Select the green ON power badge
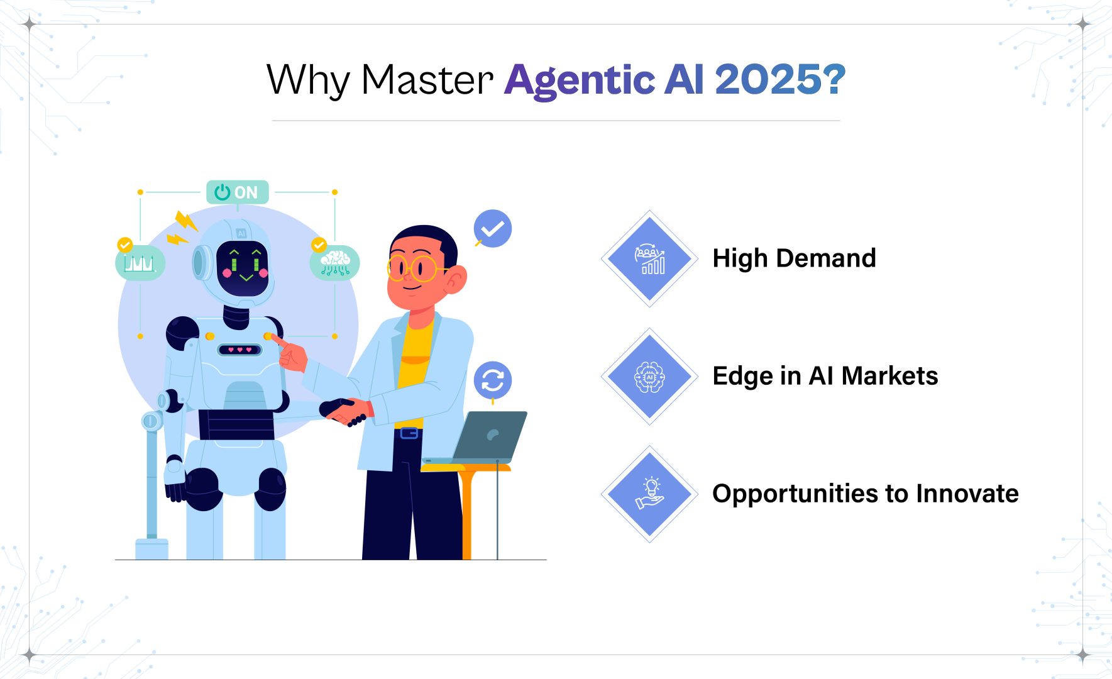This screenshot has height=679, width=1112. [x=238, y=192]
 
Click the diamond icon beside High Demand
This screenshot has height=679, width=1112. [x=649, y=258]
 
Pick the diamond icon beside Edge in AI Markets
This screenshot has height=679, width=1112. [x=649, y=376]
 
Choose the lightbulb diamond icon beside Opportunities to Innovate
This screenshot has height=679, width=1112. [x=649, y=494]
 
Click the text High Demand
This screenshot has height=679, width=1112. [x=794, y=258]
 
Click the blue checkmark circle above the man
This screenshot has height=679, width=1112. [x=493, y=228]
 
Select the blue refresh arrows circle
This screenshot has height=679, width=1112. [x=493, y=380]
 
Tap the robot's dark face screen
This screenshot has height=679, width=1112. [x=243, y=268]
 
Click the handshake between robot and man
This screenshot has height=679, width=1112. [x=344, y=412]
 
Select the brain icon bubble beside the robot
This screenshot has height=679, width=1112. [x=335, y=263]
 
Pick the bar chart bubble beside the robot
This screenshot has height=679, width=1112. [x=140, y=263]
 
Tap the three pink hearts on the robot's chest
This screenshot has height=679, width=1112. [x=239, y=350]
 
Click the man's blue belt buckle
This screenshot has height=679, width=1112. [x=409, y=433]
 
